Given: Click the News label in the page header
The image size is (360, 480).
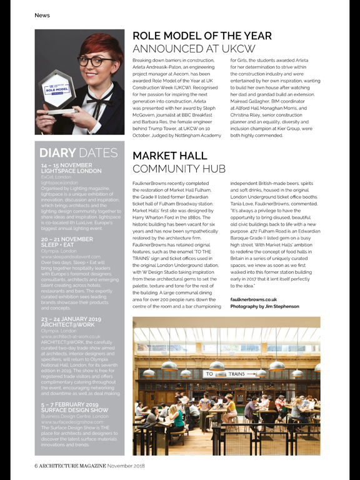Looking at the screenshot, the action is pyautogui.click(x=42, y=15).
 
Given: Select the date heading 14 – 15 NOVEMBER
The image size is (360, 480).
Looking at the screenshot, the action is pyautogui.click(x=66, y=166).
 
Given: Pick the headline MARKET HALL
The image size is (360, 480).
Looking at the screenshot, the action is pyautogui.click(x=178, y=155).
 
